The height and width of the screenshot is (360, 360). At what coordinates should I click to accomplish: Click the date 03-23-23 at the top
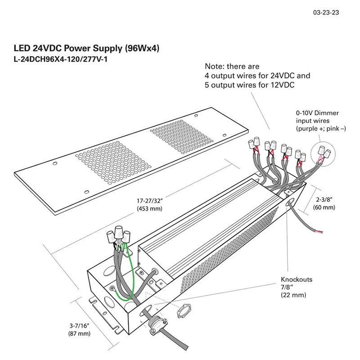pyautogui.click(x=326, y=13)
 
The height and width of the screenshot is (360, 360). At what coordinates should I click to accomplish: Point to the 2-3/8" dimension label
pyautogui.click(x=324, y=199)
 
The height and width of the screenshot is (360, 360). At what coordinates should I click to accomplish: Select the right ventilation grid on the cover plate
pyautogui.click(x=183, y=138)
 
